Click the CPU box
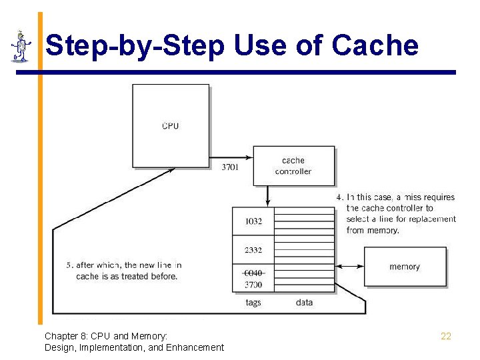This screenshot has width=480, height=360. pos(171,125)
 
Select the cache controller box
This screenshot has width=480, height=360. pos(293,166)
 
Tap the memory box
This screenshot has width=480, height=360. pos(405,267)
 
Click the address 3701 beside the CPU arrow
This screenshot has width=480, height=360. pos(229,167)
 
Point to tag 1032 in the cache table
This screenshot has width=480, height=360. pos(253,221)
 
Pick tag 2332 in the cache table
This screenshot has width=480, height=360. pos(253,250)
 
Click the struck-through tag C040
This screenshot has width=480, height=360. pos(253,273)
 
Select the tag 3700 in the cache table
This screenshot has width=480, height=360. pos(253,285)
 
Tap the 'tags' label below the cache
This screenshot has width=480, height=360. pos(253,303)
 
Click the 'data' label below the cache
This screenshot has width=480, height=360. pos(304,303)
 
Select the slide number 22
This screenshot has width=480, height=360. pos(446,336)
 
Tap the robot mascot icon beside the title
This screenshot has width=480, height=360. pos(21,47)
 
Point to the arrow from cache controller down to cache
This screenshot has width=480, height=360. pos(268,195)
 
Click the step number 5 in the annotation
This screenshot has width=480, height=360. pos(69,265)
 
